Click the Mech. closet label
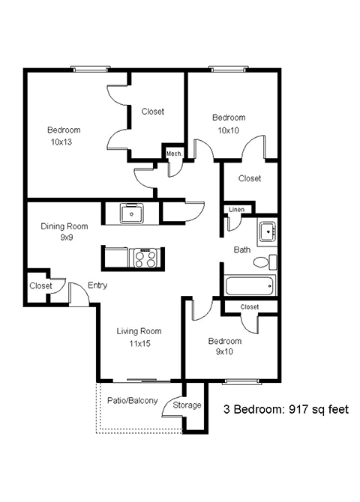pyautogui.click(x=174, y=153)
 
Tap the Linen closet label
pyautogui.click(x=236, y=209)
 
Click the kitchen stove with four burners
pyautogui.click(x=145, y=258)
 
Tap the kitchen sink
pyautogui.click(x=132, y=214)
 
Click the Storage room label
pyautogui.click(x=187, y=405)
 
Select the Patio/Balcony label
pyautogui.click(x=132, y=401)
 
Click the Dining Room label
pyautogui.click(x=64, y=226)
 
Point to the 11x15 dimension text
pyautogui.click(x=139, y=345)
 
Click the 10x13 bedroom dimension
pyautogui.click(x=64, y=142)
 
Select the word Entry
pyautogui.click(x=97, y=285)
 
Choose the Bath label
pyautogui.click(x=241, y=250)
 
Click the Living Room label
pyautogui.click(x=139, y=331)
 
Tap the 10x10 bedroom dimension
pyautogui.click(x=228, y=130)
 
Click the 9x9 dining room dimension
pyautogui.click(x=64, y=238)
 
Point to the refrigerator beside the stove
pyautogui.click(x=115, y=258)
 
